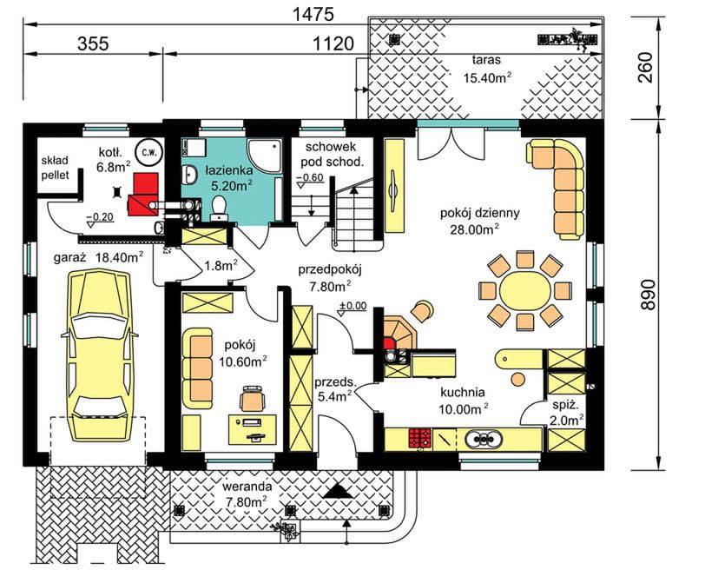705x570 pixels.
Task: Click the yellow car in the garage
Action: [x=100, y=355]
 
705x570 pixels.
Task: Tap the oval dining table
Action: [x=524, y=291]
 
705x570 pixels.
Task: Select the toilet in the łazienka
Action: [x=220, y=209]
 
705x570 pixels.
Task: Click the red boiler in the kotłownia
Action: [x=144, y=194]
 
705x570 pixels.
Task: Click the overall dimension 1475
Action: [x=313, y=15]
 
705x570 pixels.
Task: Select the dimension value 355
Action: [x=93, y=43]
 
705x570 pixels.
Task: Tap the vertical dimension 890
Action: [x=648, y=295]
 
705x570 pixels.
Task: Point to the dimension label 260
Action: [x=646, y=68]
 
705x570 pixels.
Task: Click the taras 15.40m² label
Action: [x=487, y=69]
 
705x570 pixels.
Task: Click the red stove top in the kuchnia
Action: [x=420, y=438]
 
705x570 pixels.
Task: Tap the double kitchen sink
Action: [x=483, y=439]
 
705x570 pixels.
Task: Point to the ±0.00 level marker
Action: [x=352, y=307]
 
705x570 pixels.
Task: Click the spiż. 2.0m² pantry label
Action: [x=566, y=413]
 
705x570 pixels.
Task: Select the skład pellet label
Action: [x=56, y=168]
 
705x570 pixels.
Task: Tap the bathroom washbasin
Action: [x=191, y=174]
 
